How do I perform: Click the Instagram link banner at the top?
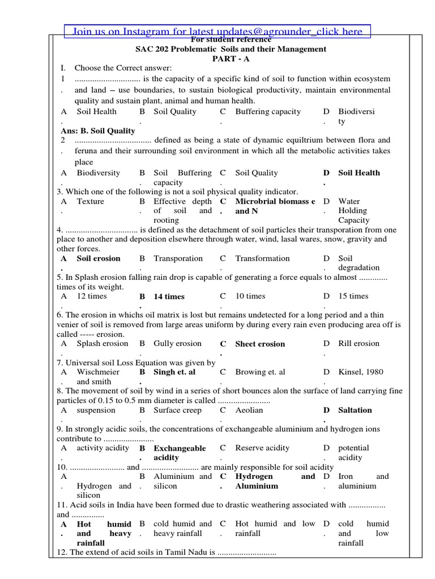pos(218,32)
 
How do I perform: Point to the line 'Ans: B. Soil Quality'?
pos(98,131)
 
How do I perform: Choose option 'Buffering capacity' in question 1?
pos(268,112)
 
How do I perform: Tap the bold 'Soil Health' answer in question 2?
pos(359,173)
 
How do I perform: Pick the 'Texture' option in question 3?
pos(91,201)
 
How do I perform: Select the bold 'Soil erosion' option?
pos(99,258)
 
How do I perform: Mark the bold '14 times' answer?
pos(169,297)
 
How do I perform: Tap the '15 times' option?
pos(353,296)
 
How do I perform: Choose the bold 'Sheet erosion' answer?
pos(260,344)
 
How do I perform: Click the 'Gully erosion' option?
pos(177,344)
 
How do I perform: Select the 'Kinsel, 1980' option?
pos(360,372)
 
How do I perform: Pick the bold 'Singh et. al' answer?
pos(174,372)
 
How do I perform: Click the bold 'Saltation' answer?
pos(355,410)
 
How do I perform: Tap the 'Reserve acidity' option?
pos(262,448)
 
